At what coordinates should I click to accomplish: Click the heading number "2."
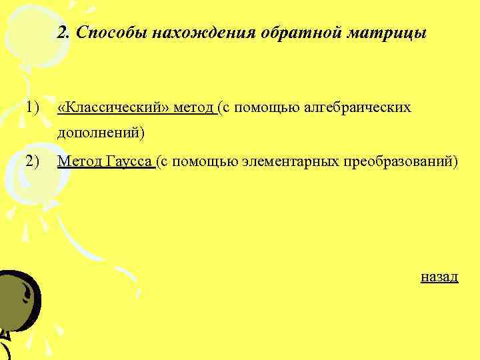pos(64,33)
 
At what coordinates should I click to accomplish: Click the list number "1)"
pos(33,107)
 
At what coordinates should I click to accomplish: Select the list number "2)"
pos(33,161)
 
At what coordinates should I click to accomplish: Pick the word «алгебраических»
pos(357,107)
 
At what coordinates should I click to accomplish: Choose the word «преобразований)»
pos(401,161)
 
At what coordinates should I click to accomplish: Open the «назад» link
pos(439,276)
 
